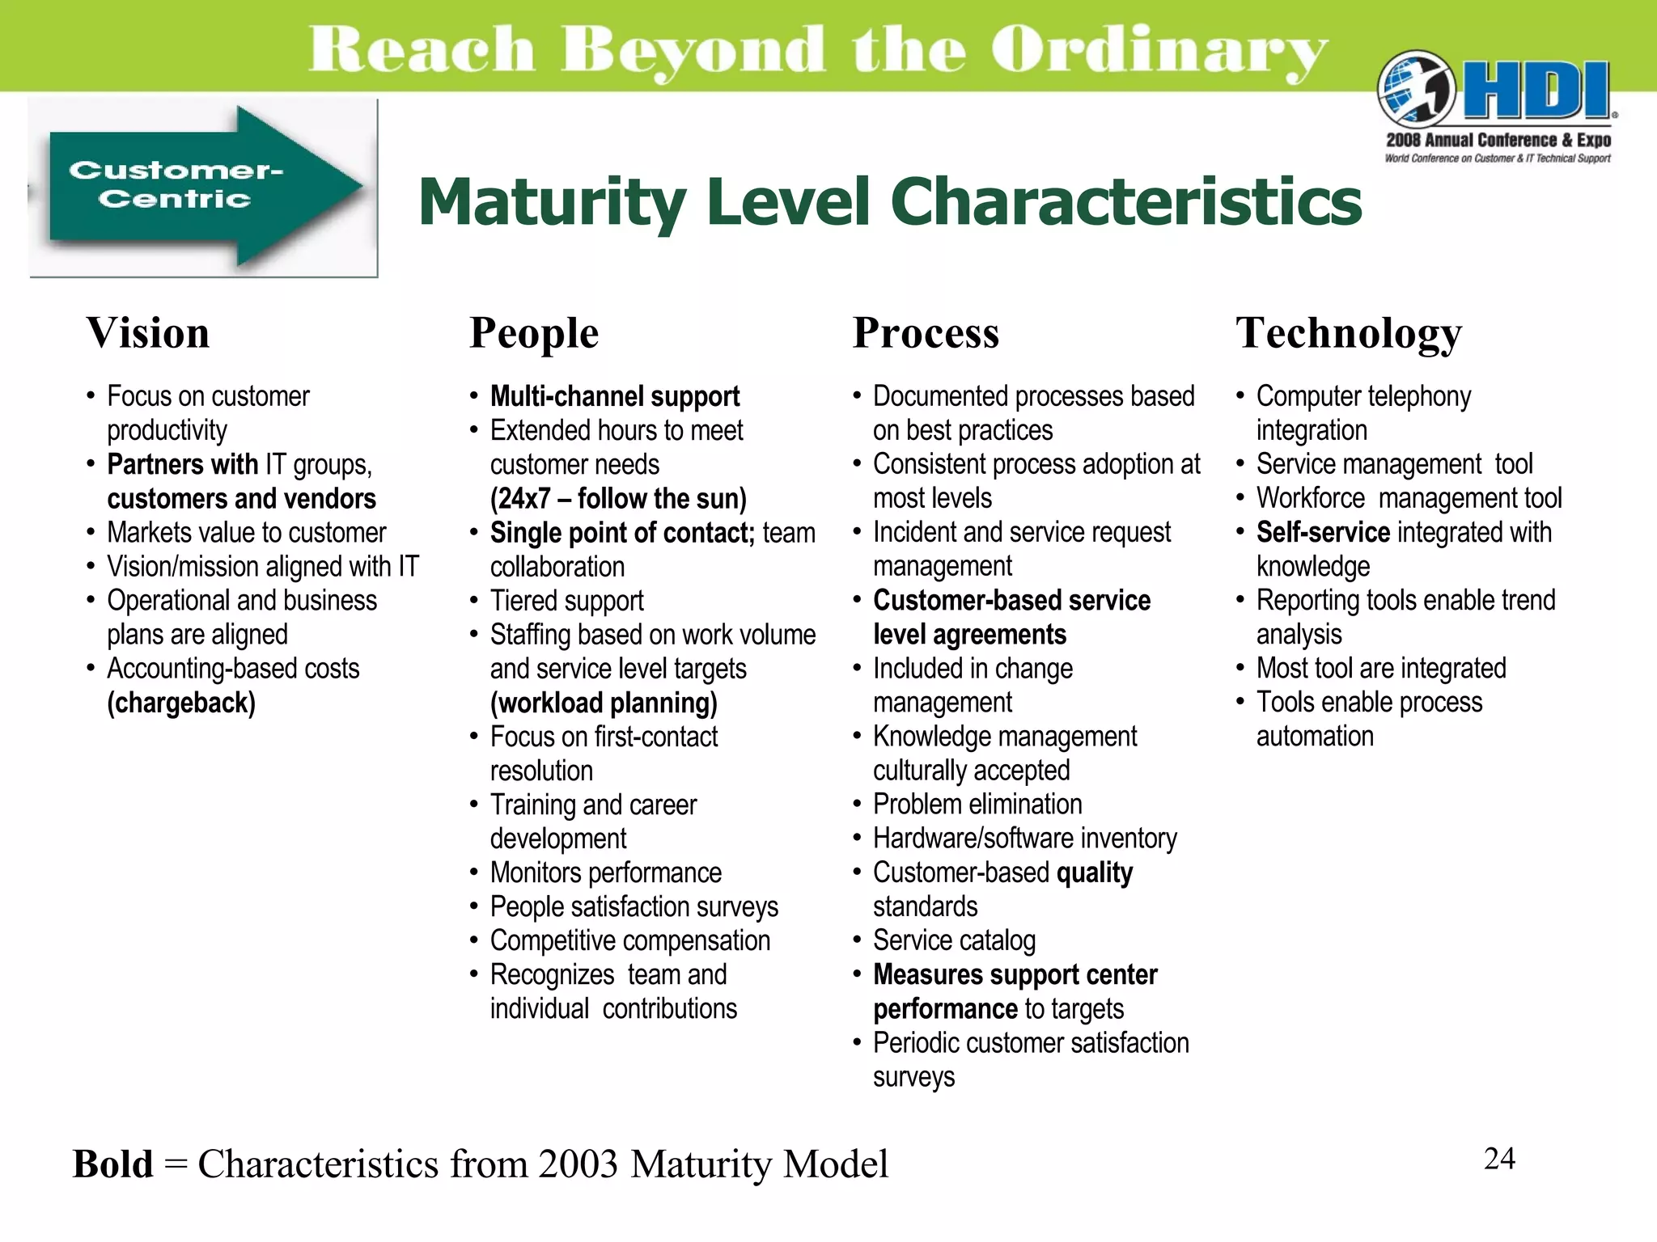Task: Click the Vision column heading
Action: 148,333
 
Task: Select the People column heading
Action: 534,333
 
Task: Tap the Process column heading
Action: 926,333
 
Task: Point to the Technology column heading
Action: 1349,333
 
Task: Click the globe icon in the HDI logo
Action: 1416,89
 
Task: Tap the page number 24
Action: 1499,1159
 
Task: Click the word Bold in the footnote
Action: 112,1164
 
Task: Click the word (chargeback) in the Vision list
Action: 181,703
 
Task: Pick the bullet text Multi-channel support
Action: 615,396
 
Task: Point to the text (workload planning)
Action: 604,703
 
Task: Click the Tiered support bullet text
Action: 566,601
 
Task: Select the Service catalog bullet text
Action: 954,940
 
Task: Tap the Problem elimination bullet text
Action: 977,805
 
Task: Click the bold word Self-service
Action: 1323,532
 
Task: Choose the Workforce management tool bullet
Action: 1409,498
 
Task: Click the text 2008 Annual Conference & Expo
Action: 1498,140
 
